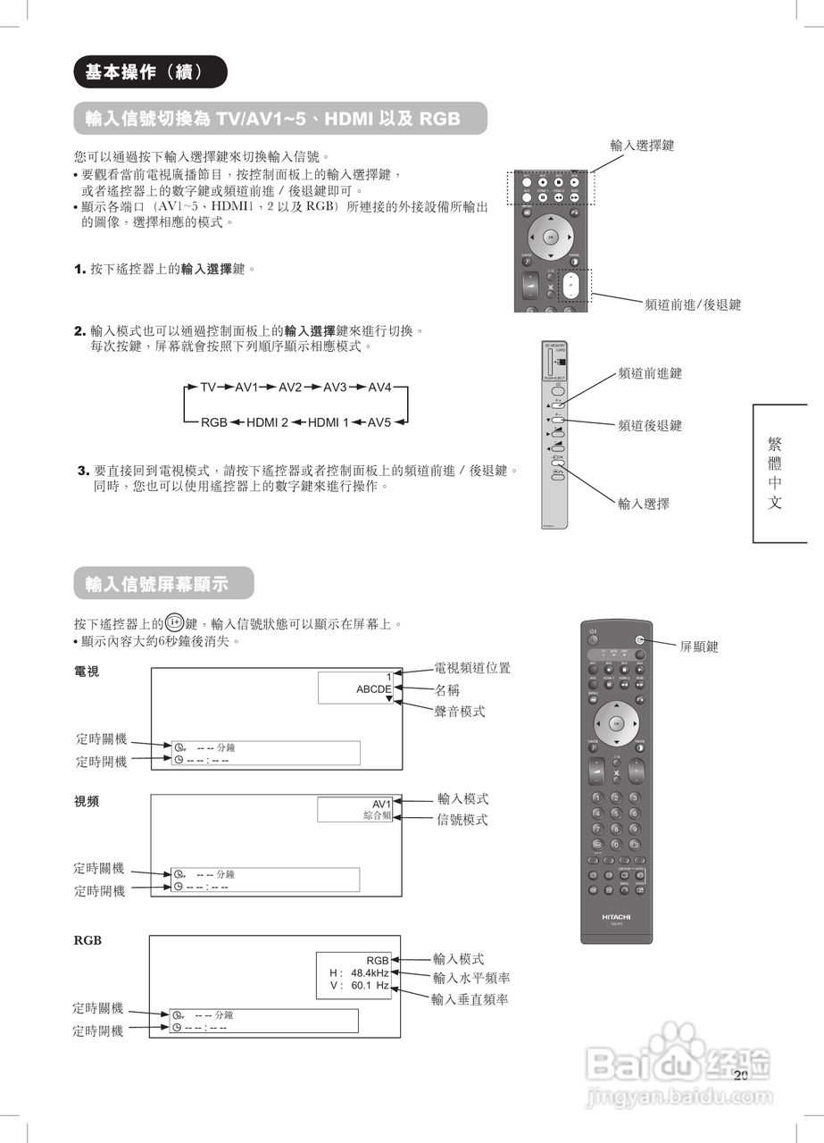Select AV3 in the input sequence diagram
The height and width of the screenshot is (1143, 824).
point(335,388)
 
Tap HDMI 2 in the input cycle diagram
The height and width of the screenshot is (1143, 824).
point(267,421)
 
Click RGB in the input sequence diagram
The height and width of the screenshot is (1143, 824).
point(213,421)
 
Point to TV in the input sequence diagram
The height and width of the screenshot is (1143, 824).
point(208,388)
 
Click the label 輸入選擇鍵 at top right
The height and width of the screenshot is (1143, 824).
point(642,145)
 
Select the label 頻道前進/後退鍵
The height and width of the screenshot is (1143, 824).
point(693,305)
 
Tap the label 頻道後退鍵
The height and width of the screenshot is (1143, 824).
point(649,426)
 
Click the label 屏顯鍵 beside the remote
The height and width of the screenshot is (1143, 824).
point(699,647)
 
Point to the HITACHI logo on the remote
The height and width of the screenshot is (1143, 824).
point(616,916)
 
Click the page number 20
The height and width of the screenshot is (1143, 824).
point(740,1076)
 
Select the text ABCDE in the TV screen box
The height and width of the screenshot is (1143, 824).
point(374,689)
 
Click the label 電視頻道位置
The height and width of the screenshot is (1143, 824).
point(472,668)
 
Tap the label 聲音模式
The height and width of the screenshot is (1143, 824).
point(459,711)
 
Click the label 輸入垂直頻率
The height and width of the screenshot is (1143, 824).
point(470,999)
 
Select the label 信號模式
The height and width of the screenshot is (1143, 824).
point(462,820)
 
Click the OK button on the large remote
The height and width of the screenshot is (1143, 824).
point(616,722)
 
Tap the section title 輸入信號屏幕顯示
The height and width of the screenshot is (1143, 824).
point(157,584)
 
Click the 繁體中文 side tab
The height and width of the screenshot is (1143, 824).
point(775,473)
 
